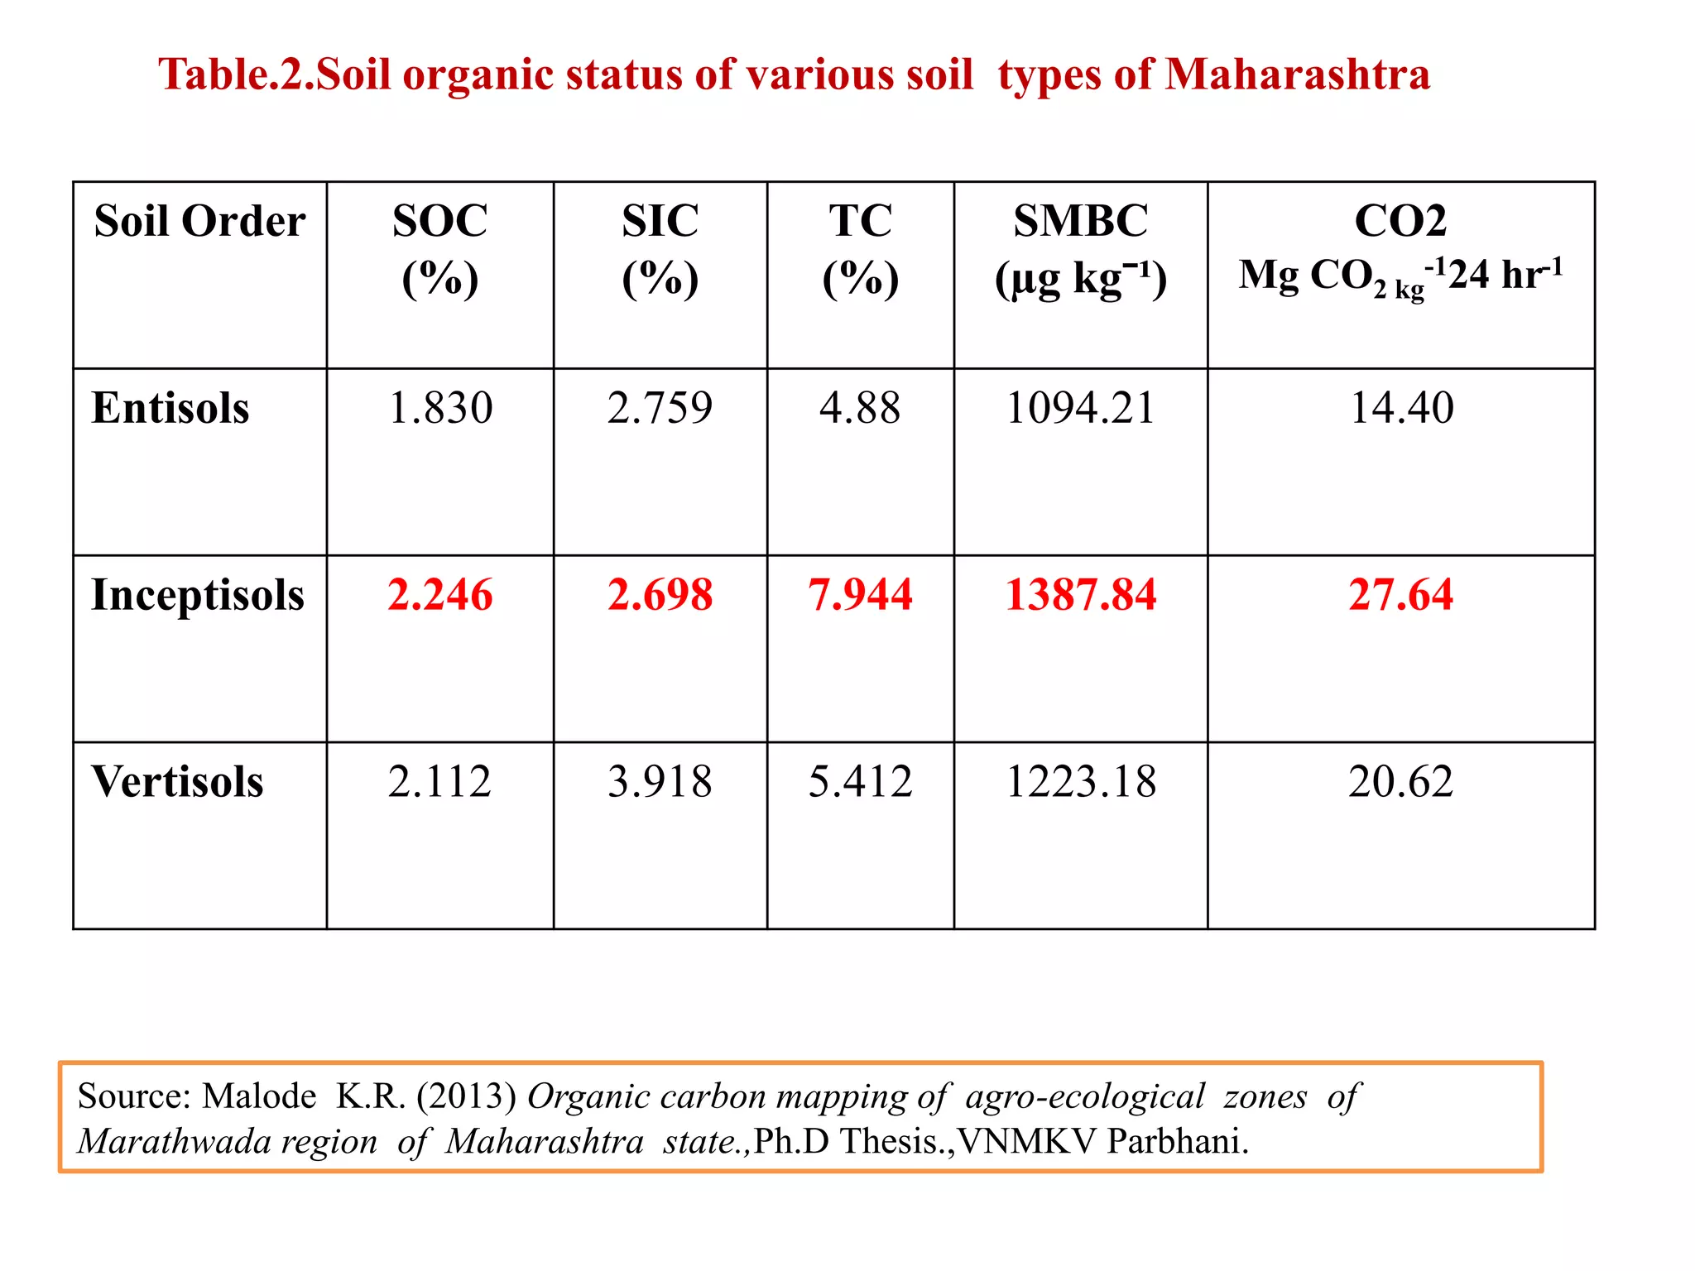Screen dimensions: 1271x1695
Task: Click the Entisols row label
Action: pyautogui.click(x=170, y=408)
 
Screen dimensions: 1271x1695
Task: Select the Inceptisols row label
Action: pyautogui.click(x=198, y=595)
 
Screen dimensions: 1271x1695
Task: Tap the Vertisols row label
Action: pyautogui.click(x=177, y=782)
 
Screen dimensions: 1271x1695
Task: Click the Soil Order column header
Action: pyautogui.click(x=199, y=221)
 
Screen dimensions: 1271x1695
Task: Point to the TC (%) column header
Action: pyautogui.click(x=860, y=248)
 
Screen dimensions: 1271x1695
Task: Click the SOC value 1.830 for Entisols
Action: pyautogui.click(x=439, y=408)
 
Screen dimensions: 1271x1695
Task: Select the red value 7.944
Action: pyautogui.click(x=860, y=595)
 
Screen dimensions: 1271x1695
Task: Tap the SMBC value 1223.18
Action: pyautogui.click(x=1080, y=782)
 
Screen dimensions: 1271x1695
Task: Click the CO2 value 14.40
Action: pyautogui.click(x=1400, y=408)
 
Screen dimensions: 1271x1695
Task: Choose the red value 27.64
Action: pyautogui.click(x=1400, y=595)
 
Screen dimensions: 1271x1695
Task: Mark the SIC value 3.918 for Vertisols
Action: pyautogui.click(x=660, y=782)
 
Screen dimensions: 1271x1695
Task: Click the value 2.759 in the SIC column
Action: pyautogui.click(x=660, y=408)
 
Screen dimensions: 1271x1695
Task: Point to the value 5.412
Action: pyautogui.click(x=860, y=782)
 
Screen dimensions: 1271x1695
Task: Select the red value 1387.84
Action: pyautogui.click(x=1080, y=595)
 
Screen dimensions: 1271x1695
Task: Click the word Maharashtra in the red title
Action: pyautogui.click(x=1297, y=74)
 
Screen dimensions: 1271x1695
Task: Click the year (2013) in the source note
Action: pyautogui.click(x=467, y=1096)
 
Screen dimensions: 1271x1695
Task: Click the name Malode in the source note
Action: pyautogui.click(x=259, y=1096)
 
